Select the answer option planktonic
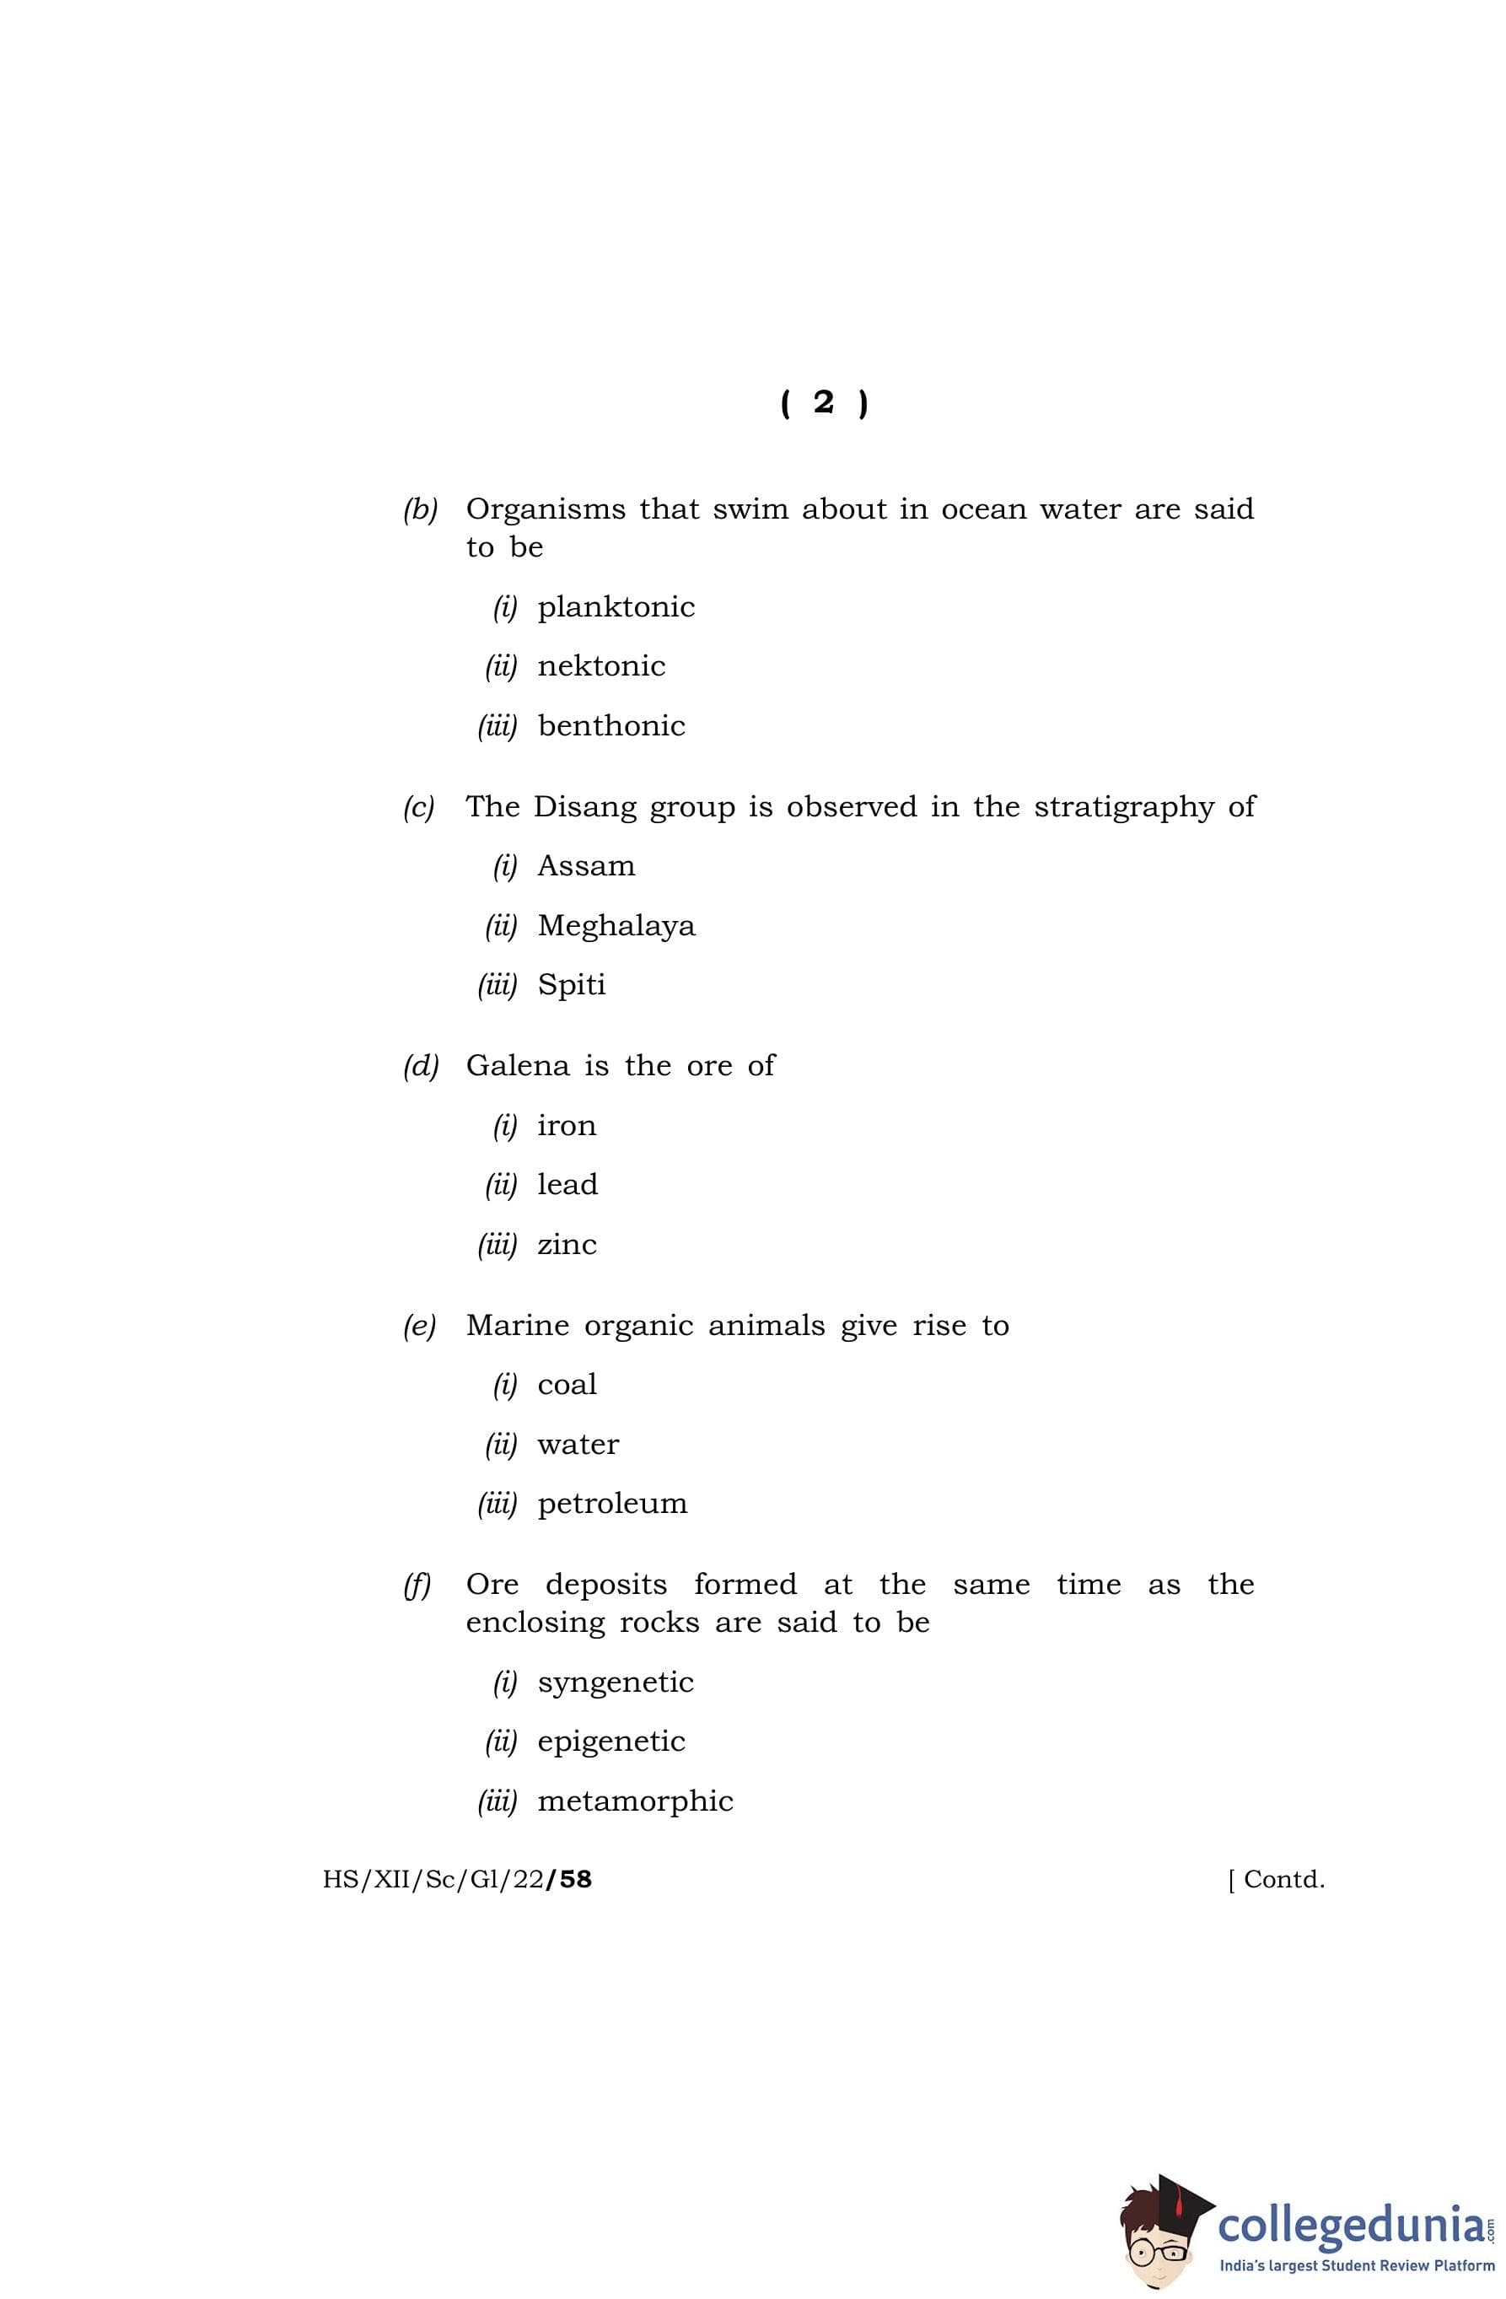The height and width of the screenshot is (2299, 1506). click(x=616, y=607)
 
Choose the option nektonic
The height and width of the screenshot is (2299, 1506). click(x=601, y=666)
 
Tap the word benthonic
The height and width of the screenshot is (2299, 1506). click(x=610, y=725)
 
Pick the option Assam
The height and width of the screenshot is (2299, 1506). click(x=585, y=866)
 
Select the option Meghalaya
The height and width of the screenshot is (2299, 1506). click(x=616, y=926)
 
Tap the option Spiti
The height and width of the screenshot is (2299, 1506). click(x=571, y=985)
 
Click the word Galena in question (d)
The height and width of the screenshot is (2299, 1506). click(x=517, y=1065)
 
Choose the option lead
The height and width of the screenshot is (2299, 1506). click(x=567, y=1184)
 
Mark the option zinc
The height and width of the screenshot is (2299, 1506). click(x=566, y=1244)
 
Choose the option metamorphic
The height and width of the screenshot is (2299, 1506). click(x=635, y=1801)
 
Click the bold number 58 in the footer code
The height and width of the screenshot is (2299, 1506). click(x=575, y=1879)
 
